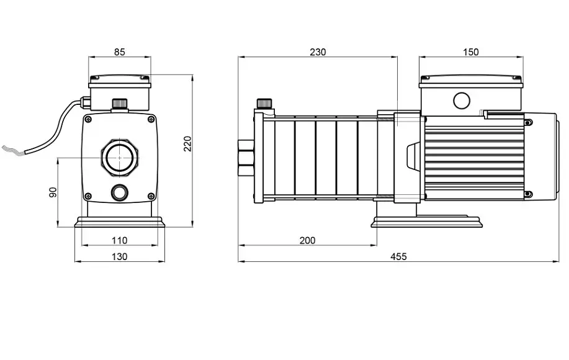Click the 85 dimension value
[x=119, y=52]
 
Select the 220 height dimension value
[x=187, y=144]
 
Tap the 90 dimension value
[x=53, y=192]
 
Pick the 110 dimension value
[x=119, y=240]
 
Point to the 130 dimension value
[x=119, y=256]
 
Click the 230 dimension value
[x=318, y=52]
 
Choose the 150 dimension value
[x=471, y=52]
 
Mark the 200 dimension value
[x=307, y=240]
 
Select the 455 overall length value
[x=398, y=256]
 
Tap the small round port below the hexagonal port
[x=119, y=192]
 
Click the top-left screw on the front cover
[x=88, y=119]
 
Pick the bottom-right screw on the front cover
[x=151, y=196]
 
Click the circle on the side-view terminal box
[x=462, y=101]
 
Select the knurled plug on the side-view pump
[x=264, y=104]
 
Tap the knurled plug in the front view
[x=119, y=103]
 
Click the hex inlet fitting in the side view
[x=246, y=158]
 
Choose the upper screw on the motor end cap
[x=529, y=123]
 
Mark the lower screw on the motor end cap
[x=529, y=194]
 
